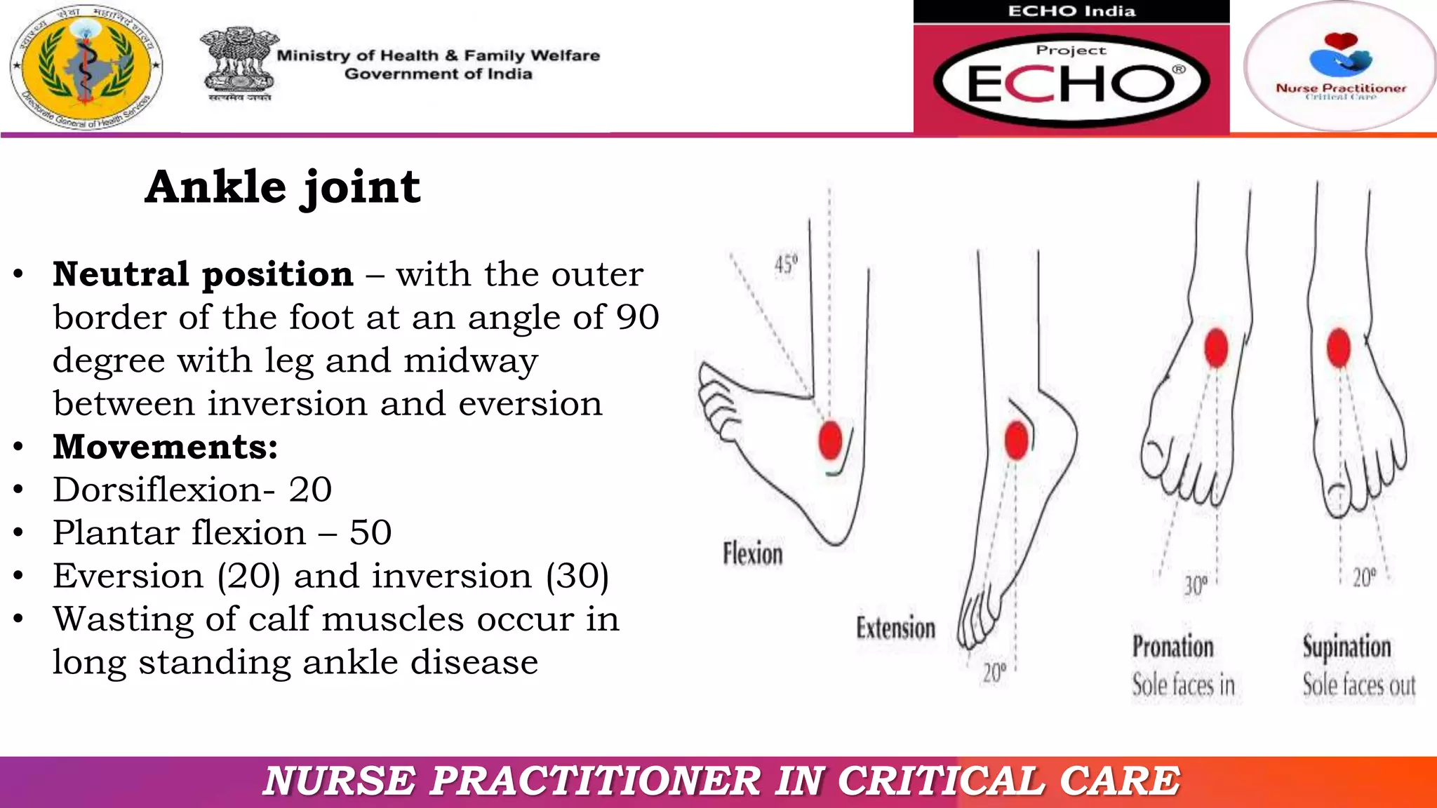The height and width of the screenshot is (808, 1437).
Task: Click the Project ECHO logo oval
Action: pyautogui.click(x=1071, y=80)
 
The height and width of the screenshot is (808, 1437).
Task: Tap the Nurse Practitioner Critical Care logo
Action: pyautogui.click(x=1340, y=67)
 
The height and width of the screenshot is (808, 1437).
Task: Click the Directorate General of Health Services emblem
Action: pyautogui.click(x=86, y=67)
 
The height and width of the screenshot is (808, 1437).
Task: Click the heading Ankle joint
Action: pyautogui.click(x=282, y=187)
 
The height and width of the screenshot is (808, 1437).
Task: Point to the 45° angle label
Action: pyautogui.click(x=786, y=264)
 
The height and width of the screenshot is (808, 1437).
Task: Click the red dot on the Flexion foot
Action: pyautogui.click(x=830, y=440)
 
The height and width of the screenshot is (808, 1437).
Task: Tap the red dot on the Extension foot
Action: pyautogui.click(x=1016, y=440)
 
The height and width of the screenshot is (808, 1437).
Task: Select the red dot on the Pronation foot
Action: pyautogui.click(x=1216, y=347)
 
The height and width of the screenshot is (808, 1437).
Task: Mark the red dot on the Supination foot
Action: pyautogui.click(x=1339, y=347)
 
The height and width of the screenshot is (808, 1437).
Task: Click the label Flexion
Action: pyautogui.click(x=752, y=554)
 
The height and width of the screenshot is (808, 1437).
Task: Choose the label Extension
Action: pyautogui.click(x=895, y=628)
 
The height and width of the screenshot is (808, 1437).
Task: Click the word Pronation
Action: pyautogui.click(x=1172, y=647)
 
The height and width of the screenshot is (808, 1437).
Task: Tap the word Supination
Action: pyautogui.click(x=1346, y=647)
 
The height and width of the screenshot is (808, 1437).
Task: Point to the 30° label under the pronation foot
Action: pyautogui.click(x=1196, y=585)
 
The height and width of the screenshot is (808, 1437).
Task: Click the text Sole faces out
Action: pyautogui.click(x=1358, y=685)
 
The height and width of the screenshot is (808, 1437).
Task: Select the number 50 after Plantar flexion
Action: pyautogui.click(x=370, y=533)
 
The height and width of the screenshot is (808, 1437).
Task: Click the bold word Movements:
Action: pyautogui.click(x=166, y=447)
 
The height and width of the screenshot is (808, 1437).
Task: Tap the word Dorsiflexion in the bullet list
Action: pyautogui.click(x=157, y=490)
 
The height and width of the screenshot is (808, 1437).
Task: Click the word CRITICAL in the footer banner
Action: pyautogui.click(x=941, y=781)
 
